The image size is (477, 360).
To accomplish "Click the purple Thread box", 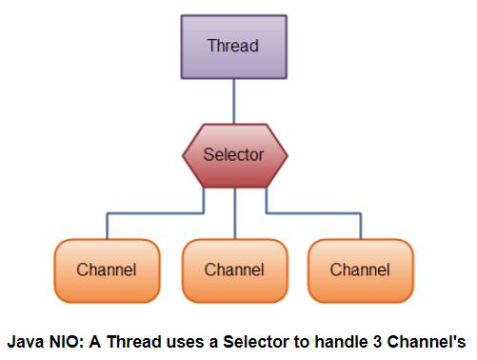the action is coord(234,47).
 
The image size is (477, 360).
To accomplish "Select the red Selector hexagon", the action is coord(235,155).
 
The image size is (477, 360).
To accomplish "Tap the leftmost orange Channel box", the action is coord(107,270).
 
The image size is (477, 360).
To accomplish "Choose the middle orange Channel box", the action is coord(235,270).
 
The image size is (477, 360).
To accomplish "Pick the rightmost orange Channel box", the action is coord(361,270).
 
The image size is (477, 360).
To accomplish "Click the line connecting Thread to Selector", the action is coord(234,101).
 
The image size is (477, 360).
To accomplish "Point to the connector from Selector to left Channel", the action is coord(155,213).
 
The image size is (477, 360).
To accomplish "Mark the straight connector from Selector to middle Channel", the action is coord(235,213).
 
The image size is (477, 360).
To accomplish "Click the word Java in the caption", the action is coord(26,342).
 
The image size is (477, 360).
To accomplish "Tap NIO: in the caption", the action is coord(66,342).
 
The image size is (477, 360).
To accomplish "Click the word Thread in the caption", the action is coord(134,342).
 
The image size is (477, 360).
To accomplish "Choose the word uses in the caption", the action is coord(186,343).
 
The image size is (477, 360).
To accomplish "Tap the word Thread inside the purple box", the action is coord(233,46).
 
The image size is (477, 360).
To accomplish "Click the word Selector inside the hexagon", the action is coord(233,154).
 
